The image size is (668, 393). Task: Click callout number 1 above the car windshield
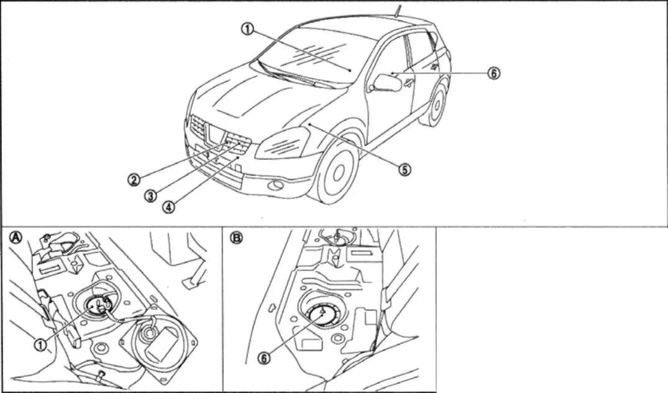pyautogui.click(x=248, y=29)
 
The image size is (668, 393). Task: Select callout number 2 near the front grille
pyautogui.click(x=134, y=180)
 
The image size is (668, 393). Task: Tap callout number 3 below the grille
pyautogui.click(x=150, y=195)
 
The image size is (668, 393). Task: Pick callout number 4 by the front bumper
pyautogui.click(x=168, y=207)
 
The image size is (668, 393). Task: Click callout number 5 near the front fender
pyautogui.click(x=405, y=169)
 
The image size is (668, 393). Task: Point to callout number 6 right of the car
pyautogui.click(x=493, y=73)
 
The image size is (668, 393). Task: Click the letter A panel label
pyautogui.click(x=13, y=237)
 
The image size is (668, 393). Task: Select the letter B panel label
pyautogui.click(x=236, y=237)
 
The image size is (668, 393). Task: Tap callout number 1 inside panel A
pyautogui.click(x=40, y=344)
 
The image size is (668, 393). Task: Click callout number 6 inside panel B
pyautogui.click(x=265, y=358)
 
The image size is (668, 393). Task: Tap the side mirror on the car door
pyautogui.click(x=387, y=82)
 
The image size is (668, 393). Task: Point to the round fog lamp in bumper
pyautogui.click(x=274, y=184)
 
